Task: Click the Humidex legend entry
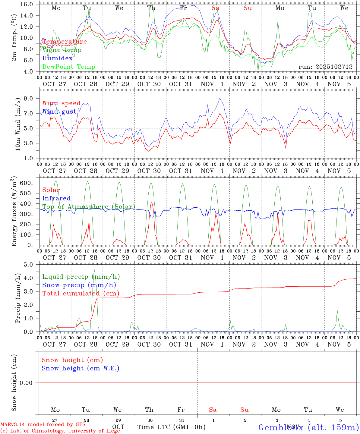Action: (x=57, y=58)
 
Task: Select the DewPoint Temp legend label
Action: (x=69, y=67)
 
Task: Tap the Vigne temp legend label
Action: (x=62, y=50)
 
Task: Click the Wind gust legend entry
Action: (x=59, y=112)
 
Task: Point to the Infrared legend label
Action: (x=56, y=198)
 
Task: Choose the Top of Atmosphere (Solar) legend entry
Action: (x=88, y=207)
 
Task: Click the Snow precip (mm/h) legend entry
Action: (x=79, y=285)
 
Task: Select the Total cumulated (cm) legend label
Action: (x=81, y=294)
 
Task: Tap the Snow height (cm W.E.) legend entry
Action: (x=81, y=368)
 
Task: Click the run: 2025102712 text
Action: (x=325, y=67)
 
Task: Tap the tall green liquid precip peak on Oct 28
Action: (x=94, y=270)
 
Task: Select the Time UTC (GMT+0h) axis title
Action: (x=171, y=427)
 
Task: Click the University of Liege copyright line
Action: (x=60, y=431)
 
